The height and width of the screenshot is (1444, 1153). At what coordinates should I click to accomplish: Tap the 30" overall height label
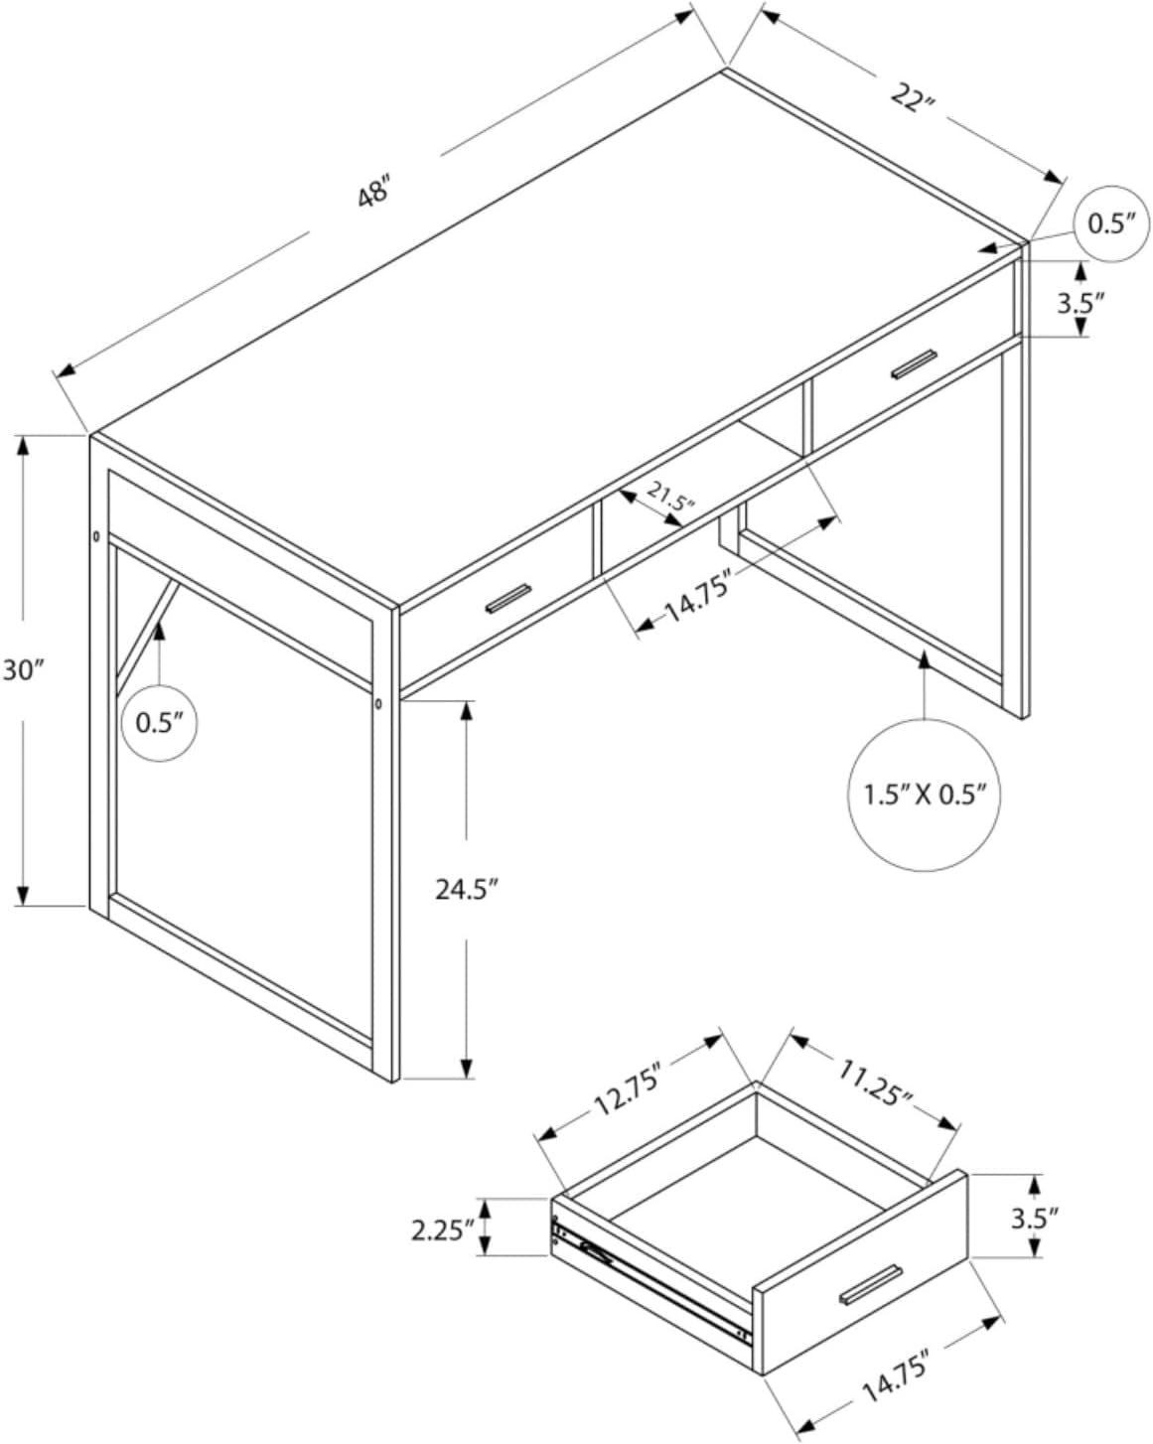click(x=23, y=670)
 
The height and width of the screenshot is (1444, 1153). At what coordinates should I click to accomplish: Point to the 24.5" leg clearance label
click(x=465, y=889)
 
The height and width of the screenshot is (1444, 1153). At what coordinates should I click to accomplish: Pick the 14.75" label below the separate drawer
click(x=896, y=1374)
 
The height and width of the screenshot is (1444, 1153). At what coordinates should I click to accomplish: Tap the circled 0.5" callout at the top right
click(x=1111, y=223)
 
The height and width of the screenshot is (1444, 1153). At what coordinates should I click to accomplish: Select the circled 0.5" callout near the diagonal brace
click(x=160, y=722)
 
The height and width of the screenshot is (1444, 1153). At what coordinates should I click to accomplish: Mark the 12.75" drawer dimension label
click(x=627, y=1089)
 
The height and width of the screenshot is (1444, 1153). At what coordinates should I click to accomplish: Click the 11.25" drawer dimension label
click(x=875, y=1083)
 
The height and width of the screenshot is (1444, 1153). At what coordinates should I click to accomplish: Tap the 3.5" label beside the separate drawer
click(x=1035, y=1217)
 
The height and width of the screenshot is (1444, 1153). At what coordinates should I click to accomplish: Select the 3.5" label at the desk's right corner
click(x=1081, y=302)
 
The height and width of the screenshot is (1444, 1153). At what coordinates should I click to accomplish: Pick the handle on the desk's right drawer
click(x=914, y=364)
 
